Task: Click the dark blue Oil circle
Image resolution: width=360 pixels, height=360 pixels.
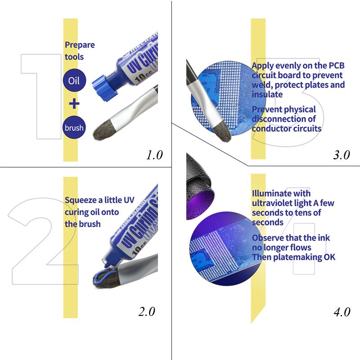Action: [x=74, y=81]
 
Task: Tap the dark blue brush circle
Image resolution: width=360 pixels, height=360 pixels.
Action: [x=74, y=127]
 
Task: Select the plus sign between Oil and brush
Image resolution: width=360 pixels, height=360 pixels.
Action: [x=74, y=104]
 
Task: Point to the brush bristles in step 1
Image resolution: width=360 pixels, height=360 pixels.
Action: [x=104, y=130]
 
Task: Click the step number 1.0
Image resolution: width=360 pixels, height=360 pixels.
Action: [x=154, y=155]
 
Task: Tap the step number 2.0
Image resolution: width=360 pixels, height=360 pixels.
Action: [x=147, y=311]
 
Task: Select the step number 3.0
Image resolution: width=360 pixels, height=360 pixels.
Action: [x=342, y=155]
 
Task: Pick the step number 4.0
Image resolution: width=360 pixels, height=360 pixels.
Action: [x=342, y=312]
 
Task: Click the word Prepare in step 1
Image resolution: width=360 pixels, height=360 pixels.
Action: [x=80, y=45]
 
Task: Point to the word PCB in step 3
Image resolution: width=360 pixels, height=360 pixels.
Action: [x=337, y=65]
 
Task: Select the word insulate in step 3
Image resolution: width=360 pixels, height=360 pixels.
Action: [x=267, y=94]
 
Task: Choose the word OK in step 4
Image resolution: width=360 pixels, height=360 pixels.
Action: [x=329, y=257]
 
